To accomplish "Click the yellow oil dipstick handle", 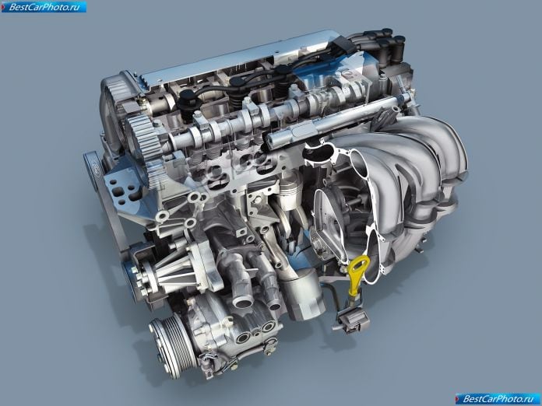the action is coord(357,272).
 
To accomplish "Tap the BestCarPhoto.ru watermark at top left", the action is coord(44,6).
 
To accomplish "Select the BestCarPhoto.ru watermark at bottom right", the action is coord(498,399).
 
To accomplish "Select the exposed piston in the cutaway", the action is coord(290,194).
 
